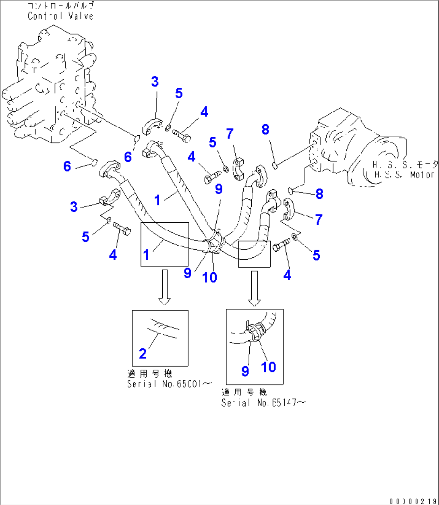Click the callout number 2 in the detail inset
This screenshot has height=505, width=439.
(x=143, y=354)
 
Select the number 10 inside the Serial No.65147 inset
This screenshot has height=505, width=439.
(x=269, y=366)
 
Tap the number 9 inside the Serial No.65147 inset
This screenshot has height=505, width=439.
(x=245, y=371)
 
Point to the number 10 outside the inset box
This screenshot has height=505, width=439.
(x=210, y=277)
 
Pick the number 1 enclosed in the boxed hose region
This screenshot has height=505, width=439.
(x=146, y=255)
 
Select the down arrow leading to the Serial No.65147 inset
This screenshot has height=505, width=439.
(x=254, y=288)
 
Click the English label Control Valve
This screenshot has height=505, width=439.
(x=60, y=16)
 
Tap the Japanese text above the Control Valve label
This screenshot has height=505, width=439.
(x=60, y=6)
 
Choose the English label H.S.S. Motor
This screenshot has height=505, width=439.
(x=404, y=175)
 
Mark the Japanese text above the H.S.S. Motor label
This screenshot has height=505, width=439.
(x=404, y=165)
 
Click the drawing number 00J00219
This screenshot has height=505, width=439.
(x=413, y=501)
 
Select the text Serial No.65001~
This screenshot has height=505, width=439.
(x=170, y=384)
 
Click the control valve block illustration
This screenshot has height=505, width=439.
(x=50, y=87)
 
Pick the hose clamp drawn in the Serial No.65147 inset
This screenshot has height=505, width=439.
(x=255, y=333)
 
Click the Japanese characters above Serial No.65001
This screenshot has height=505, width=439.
(x=149, y=374)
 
